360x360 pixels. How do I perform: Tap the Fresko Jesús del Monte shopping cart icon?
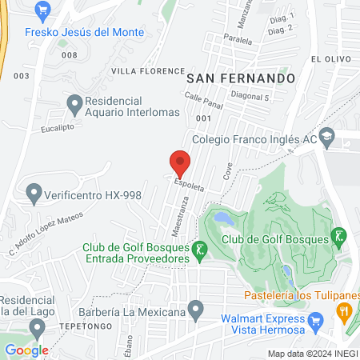(x=42, y=11)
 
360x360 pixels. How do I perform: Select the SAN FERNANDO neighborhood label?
(x=241, y=78)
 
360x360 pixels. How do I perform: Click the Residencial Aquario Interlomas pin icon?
(x=74, y=102)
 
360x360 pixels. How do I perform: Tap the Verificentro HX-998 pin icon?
(x=34, y=193)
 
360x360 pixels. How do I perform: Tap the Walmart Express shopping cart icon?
(x=315, y=324)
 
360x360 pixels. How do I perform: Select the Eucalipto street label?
(x=60, y=127)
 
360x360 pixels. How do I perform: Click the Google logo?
(x=26, y=350)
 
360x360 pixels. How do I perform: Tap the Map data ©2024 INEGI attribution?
(x=311, y=354)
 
